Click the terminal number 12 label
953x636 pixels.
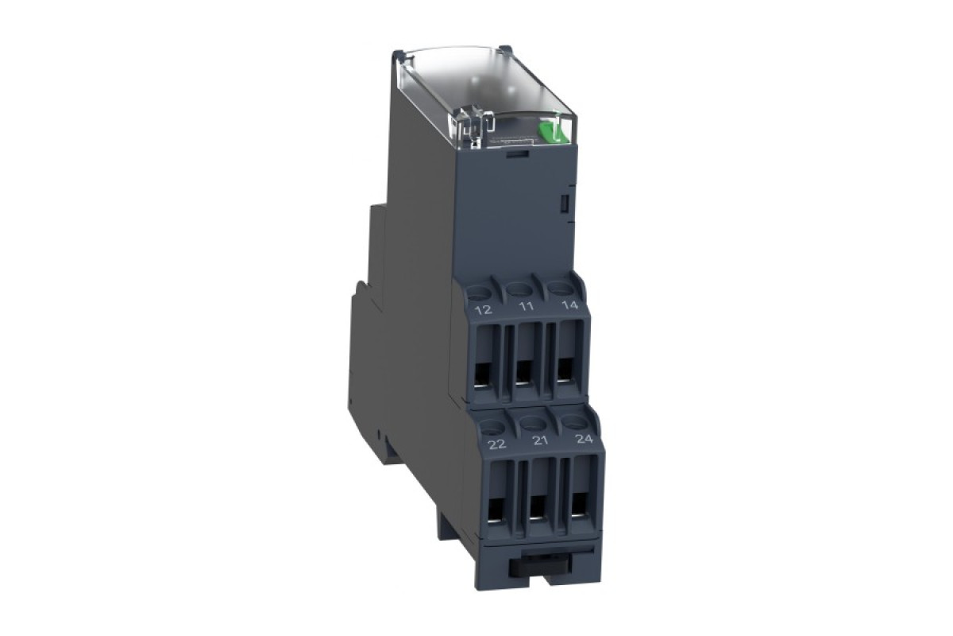click(482, 309)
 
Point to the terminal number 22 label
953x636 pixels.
click(497, 444)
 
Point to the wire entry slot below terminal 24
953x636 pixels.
click(581, 502)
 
